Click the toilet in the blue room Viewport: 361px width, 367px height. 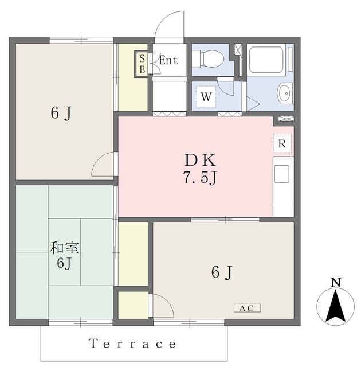(208, 59)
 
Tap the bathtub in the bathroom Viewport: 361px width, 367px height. (266, 60)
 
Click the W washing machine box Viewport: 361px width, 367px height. (206, 96)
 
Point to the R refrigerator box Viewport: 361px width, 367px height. (282, 143)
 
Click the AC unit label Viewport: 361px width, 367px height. (247, 308)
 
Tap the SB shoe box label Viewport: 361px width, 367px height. (142, 64)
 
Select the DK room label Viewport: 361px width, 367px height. (200, 161)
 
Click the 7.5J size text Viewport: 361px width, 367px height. (200, 178)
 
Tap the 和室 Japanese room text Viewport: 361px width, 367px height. (64, 248)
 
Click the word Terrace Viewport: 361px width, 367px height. (132, 344)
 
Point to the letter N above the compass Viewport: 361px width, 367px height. (336, 283)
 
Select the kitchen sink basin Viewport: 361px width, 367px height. (282, 174)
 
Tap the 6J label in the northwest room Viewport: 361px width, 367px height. (61, 114)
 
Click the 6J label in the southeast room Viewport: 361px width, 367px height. (221, 272)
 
